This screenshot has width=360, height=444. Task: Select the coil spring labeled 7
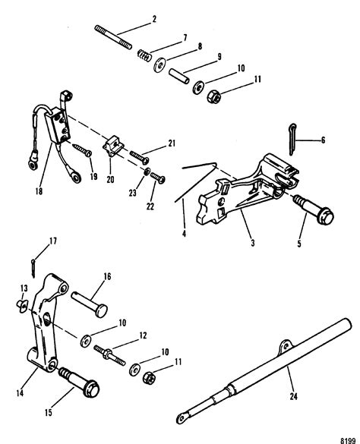143,54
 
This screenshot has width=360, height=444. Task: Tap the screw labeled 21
141,156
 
